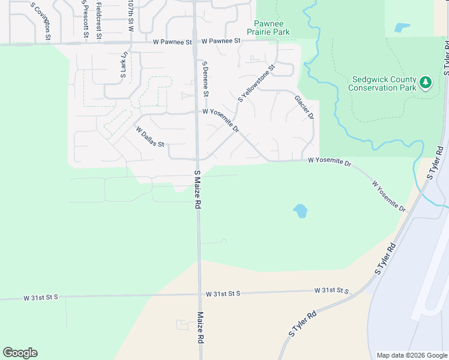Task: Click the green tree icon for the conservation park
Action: [426, 82]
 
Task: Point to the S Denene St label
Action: [205, 79]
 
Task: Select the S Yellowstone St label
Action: [256, 83]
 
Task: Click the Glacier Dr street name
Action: [304, 107]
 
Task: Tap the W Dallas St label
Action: [150, 137]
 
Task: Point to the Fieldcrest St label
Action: [98, 19]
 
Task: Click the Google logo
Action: [20, 353]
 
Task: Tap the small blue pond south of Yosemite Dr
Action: [300, 211]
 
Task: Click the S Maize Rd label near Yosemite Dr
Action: [197, 189]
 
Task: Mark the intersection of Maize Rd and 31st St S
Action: [199, 295]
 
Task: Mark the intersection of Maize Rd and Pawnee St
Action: [195, 42]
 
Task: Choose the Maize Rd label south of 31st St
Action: [200, 327]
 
